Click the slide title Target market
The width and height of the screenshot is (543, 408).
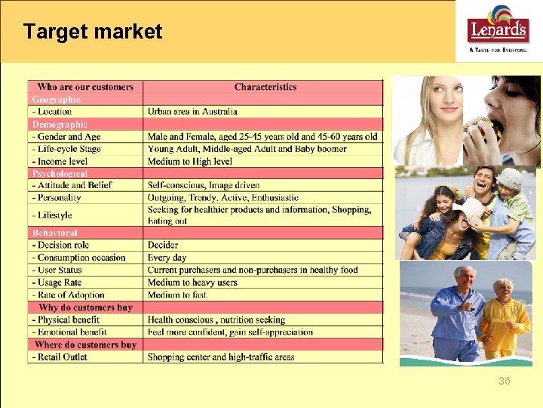[x=93, y=32]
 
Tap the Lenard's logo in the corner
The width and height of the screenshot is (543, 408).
[x=498, y=31]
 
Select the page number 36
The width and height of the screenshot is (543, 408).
[x=504, y=381]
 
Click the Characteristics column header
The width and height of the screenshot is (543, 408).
[x=265, y=87]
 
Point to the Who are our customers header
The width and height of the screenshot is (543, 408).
[x=85, y=87]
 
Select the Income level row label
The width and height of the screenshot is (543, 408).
[x=60, y=161]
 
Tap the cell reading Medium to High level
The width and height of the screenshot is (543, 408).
[x=190, y=161]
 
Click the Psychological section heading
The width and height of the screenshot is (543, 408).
[x=60, y=173]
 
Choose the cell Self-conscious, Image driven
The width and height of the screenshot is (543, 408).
[x=204, y=185]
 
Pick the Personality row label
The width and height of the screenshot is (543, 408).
[x=57, y=197]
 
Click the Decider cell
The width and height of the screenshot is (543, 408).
[x=163, y=245]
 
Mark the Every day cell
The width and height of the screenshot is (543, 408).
[x=167, y=258]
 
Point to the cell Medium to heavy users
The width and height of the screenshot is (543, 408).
[x=192, y=283]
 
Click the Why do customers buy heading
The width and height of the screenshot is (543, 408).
[x=85, y=308]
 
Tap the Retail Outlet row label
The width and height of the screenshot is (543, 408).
[x=60, y=357]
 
